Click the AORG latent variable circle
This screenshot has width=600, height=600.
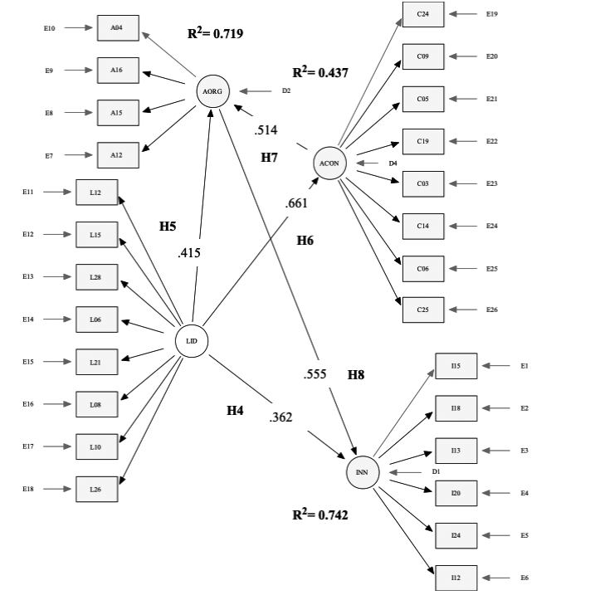[x=213, y=90]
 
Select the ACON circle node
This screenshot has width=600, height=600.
[x=329, y=163]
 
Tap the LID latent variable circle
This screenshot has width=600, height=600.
[x=192, y=341]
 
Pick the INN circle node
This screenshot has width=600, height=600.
[x=362, y=472]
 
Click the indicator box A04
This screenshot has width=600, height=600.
[x=118, y=27]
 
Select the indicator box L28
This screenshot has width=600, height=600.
[x=96, y=277]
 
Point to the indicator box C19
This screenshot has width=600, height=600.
[x=423, y=142]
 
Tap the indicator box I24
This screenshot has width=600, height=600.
[x=456, y=536]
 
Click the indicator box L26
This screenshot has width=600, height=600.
[x=96, y=490]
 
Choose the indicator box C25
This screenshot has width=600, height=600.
[x=423, y=310]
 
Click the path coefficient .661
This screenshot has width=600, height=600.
[x=296, y=202]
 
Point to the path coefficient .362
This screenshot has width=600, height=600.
[x=280, y=417]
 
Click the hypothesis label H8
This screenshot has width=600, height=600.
[x=356, y=374]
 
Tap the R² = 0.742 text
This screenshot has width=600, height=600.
[x=320, y=515]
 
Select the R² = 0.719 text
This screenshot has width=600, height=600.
[x=215, y=34]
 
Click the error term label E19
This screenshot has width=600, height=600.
[x=492, y=14]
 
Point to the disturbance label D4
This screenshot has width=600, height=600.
[x=393, y=163]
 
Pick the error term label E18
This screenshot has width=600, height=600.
[x=28, y=490]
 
